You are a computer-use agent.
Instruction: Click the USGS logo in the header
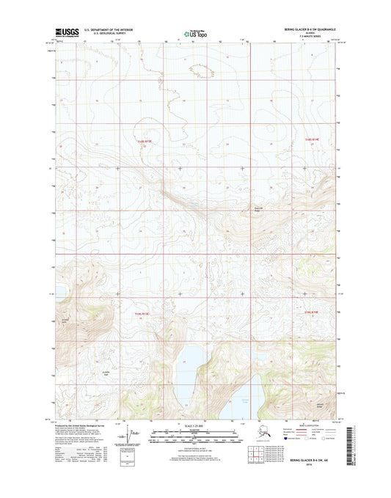[x=67, y=32]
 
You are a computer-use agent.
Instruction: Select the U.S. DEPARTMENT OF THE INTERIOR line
[x=112, y=29]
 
